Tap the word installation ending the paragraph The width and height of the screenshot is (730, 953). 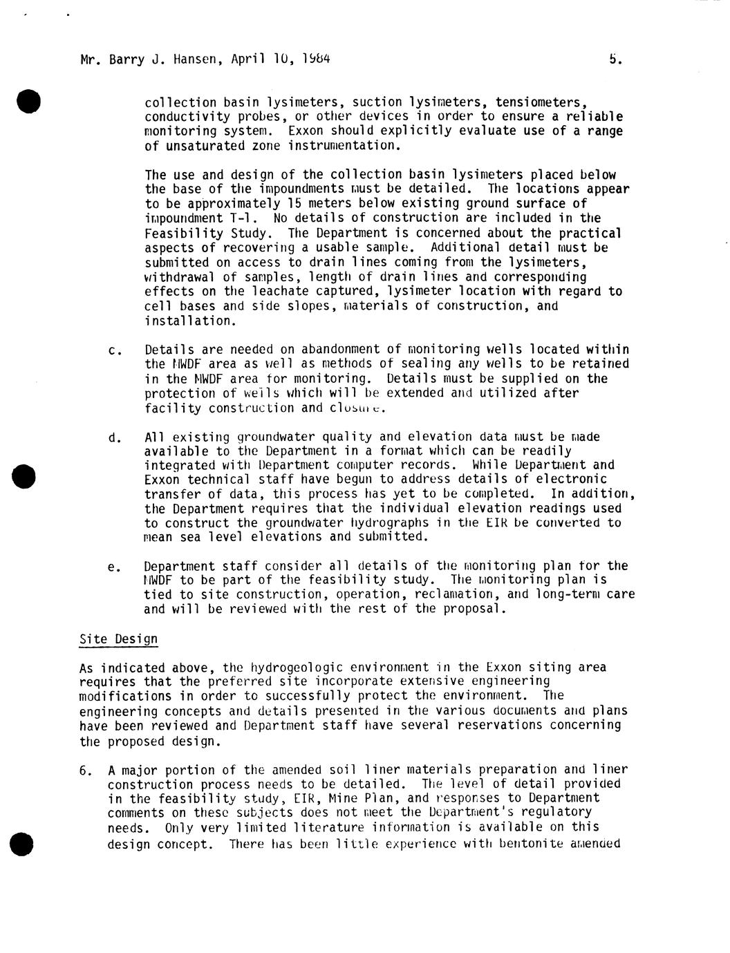tap(189, 321)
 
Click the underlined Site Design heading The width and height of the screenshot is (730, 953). tap(118, 639)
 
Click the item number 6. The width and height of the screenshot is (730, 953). tap(86, 770)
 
